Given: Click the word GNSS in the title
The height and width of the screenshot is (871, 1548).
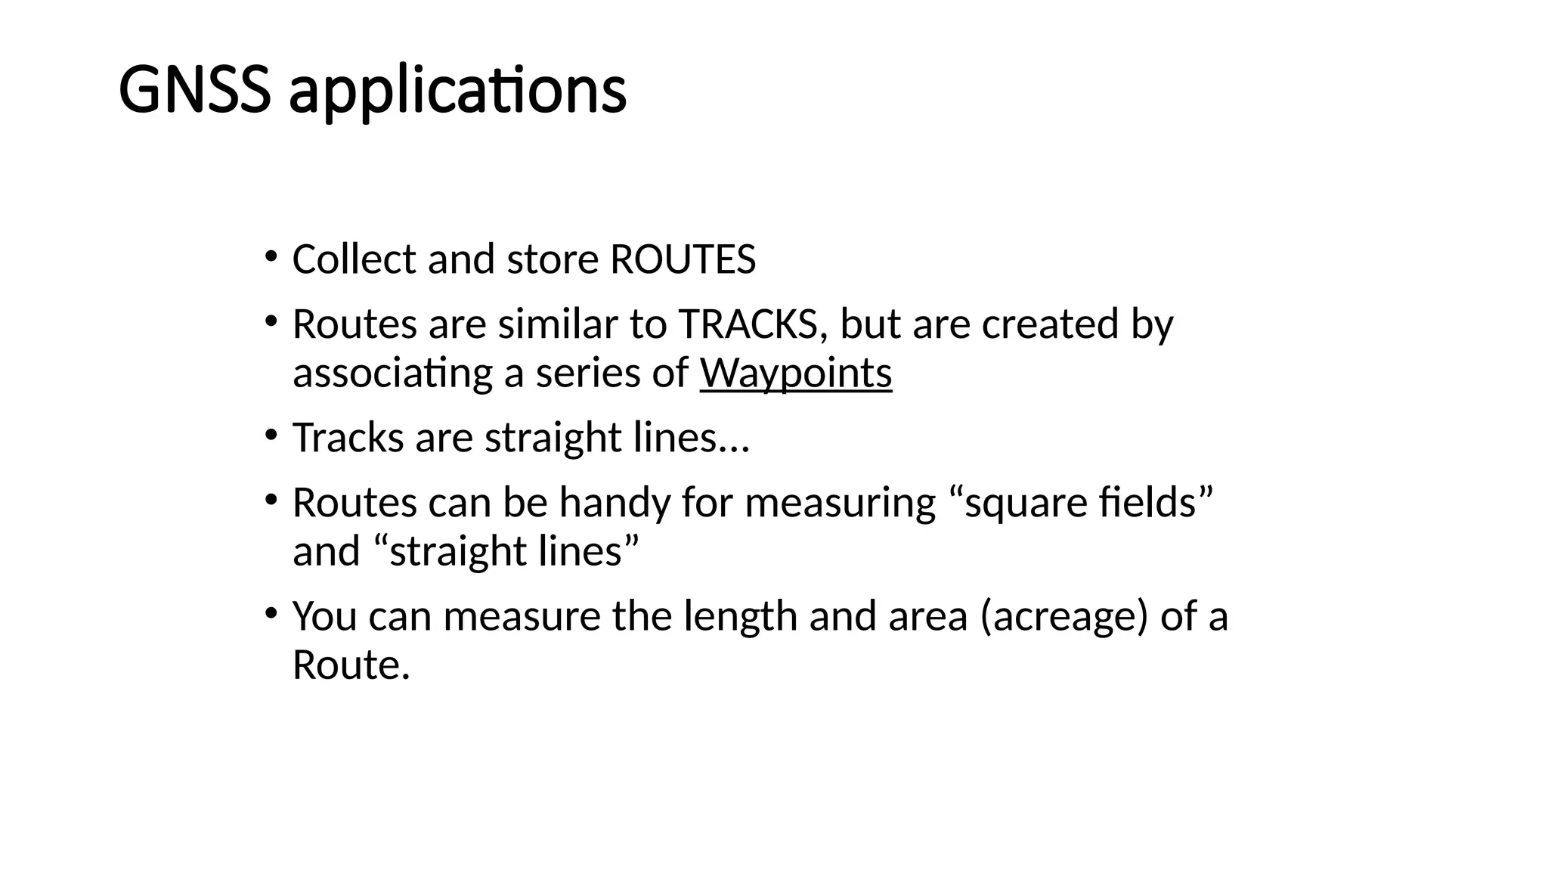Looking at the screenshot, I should (194, 90).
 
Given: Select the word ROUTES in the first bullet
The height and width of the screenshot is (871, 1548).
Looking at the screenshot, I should (683, 259).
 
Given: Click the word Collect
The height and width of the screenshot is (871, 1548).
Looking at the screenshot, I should (354, 259).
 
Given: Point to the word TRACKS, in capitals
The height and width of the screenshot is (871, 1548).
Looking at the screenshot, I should (748, 324).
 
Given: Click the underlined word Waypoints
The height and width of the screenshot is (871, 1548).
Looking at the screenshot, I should (796, 374).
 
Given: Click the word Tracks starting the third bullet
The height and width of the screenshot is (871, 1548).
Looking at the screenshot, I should (348, 438).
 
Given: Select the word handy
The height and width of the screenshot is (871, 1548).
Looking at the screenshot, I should (614, 503).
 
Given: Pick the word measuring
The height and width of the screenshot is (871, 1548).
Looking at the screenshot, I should (840, 504).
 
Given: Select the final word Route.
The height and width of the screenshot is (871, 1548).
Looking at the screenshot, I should (351, 665).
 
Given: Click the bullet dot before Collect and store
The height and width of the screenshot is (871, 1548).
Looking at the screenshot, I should (270, 256).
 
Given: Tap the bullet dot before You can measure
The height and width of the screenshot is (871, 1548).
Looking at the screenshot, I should (270, 613).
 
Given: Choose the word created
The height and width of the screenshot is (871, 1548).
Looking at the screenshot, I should (1050, 324).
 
